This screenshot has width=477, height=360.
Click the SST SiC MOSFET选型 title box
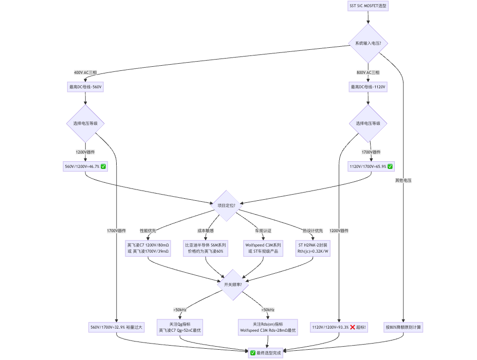coord(368,6)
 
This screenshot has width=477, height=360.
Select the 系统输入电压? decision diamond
coord(368,43)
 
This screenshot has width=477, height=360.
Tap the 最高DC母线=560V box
coord(85,87)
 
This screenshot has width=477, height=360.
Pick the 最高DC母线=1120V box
coord(368,87)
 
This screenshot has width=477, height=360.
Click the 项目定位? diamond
coord(226,205)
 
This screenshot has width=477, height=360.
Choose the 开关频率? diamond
coord(233,285)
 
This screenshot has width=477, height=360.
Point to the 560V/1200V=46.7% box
coord(85,166)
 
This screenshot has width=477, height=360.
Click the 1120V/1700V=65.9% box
coord(371,166)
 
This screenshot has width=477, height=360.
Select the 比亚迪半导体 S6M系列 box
coord(205,248)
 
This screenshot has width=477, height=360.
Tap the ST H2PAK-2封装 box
coord(313,248)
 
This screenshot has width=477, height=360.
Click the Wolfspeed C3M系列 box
coord(263,248)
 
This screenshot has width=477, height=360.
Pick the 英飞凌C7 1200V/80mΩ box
coord(148,248)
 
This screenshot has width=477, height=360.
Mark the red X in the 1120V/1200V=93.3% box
coord(353,327)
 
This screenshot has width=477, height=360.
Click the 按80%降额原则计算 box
coord(403,327)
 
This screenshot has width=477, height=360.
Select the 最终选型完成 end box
coord(266,353)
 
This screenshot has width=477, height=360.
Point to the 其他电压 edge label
coord(403,180)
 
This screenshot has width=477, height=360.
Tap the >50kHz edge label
coord(180,310)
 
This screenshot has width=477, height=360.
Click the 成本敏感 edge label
coord(205,231)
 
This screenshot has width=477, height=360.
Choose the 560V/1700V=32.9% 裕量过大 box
coord(116,327)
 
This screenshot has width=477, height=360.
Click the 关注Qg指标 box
coord(180,327)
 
